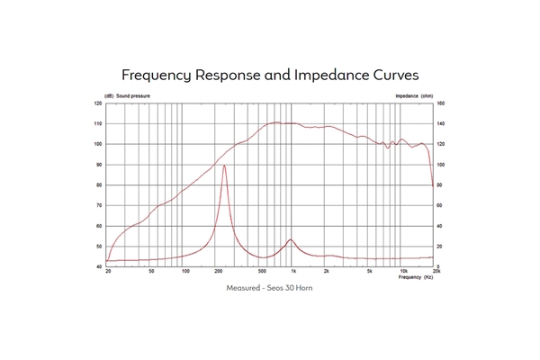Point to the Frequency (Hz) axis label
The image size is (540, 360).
pyautogui.click(x=415, y=275)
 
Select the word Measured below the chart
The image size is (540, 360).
pyautogui.click(x=242, y=288)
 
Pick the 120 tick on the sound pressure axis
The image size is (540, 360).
pyautogui.click(x=98, y=103)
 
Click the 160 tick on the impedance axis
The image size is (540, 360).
pyautogui.click(x=441, y=103)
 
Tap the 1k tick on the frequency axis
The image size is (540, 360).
pyautogui.click(x=293, y=271)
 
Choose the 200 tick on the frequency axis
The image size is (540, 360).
pyautogui.click(x=219, y=271)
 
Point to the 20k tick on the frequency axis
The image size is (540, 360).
pyautogui.click(x=436, y=271)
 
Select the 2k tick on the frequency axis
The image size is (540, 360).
pyautogui.click(x=326, y=271)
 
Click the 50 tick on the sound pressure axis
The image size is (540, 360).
pyautogui.click(x=99, y=247)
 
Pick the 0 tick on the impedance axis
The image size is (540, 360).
pyautogui.click(x=439, y=266)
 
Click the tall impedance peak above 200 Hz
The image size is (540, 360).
pyautogui.click(x=224, y=166)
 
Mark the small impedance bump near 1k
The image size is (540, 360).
pyautogui.click(x=291, y=240)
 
